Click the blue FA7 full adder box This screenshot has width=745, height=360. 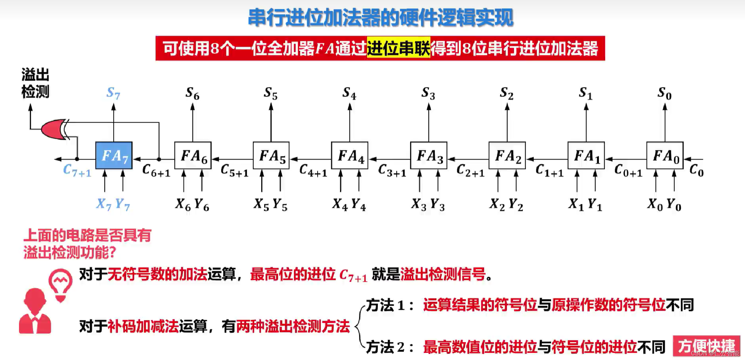(x=114, y=156)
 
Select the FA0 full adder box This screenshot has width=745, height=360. (x=665, y=156)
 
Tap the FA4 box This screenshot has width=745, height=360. (x=350, y=156)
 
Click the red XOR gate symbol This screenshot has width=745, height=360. (x=54, y=129)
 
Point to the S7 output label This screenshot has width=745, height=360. (x=113, y=93)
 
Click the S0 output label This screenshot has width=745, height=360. (x=664, y=93)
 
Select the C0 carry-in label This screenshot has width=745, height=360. (x=696, y=170)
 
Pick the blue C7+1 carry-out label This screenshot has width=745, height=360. (x=77, y=170)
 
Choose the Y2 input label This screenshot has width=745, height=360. (x=516, y=204)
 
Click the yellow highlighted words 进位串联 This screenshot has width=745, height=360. (x=398, y=48)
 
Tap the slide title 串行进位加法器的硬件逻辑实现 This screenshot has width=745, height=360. (x=381, y=18)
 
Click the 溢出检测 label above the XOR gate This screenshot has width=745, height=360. (x=35, y=83)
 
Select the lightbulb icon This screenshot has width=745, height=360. (x=61, y=284)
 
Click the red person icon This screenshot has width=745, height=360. (x=35, y=312)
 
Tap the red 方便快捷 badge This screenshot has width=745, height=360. (x=706, y=346)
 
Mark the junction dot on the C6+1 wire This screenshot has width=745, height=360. (x=159, y=159)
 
